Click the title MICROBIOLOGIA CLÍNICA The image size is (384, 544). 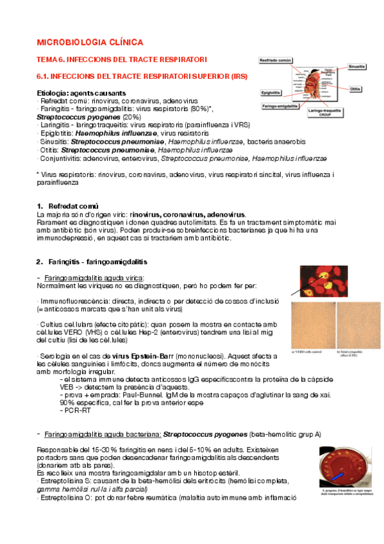point(90,42)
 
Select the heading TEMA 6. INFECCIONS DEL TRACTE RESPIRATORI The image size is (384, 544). point(122,59)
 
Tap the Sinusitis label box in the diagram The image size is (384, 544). point(356,65)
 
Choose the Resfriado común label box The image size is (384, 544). point(276,60)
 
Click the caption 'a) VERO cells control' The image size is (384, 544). point(310,350)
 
